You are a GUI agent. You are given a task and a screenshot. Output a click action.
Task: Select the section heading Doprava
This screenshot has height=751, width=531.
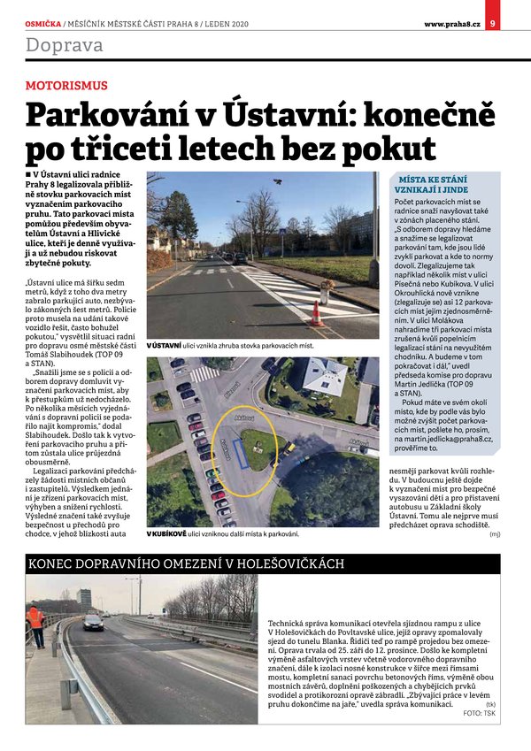click(64, 44)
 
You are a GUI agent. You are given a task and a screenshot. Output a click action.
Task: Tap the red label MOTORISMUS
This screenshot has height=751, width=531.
click(66, 86)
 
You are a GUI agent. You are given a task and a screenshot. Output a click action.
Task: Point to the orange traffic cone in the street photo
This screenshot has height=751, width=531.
click(316, 312)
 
